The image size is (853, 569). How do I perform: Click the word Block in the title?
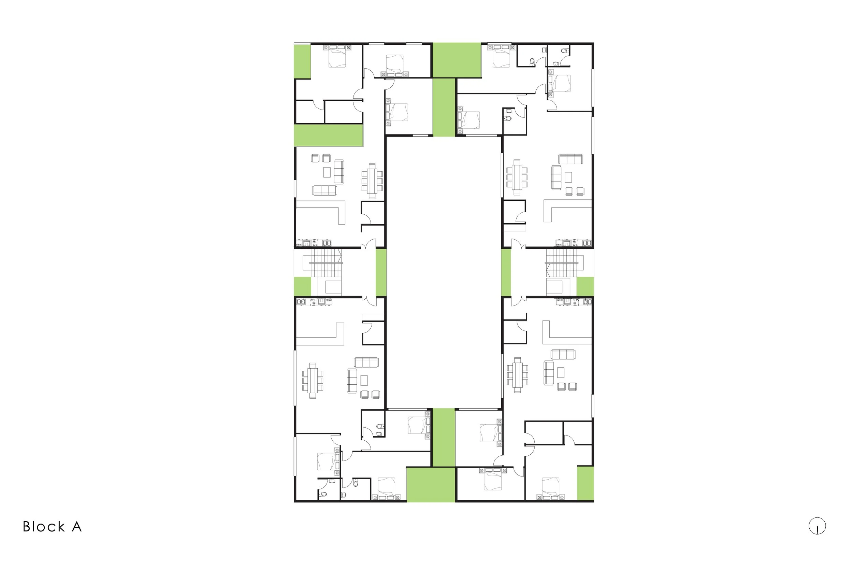point(44,527)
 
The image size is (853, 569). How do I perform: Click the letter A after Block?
point(76,527)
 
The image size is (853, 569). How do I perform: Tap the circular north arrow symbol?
point(817,526)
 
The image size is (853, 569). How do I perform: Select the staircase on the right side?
point(561,264)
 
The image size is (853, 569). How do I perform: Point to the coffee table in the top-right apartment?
point(568,177)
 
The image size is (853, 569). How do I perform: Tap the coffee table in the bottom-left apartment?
point(364,380)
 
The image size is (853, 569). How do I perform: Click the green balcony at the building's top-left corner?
point(302,61)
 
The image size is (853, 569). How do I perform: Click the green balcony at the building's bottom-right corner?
point(585,483)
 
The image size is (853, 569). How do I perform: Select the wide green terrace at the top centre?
point(457,60)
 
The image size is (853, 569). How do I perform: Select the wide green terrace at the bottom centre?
point(431,484)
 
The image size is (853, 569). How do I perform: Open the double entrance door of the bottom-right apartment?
point(519,301)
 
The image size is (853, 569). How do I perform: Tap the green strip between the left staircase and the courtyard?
point(381,272)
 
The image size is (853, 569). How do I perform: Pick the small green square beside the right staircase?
point(585,286)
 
